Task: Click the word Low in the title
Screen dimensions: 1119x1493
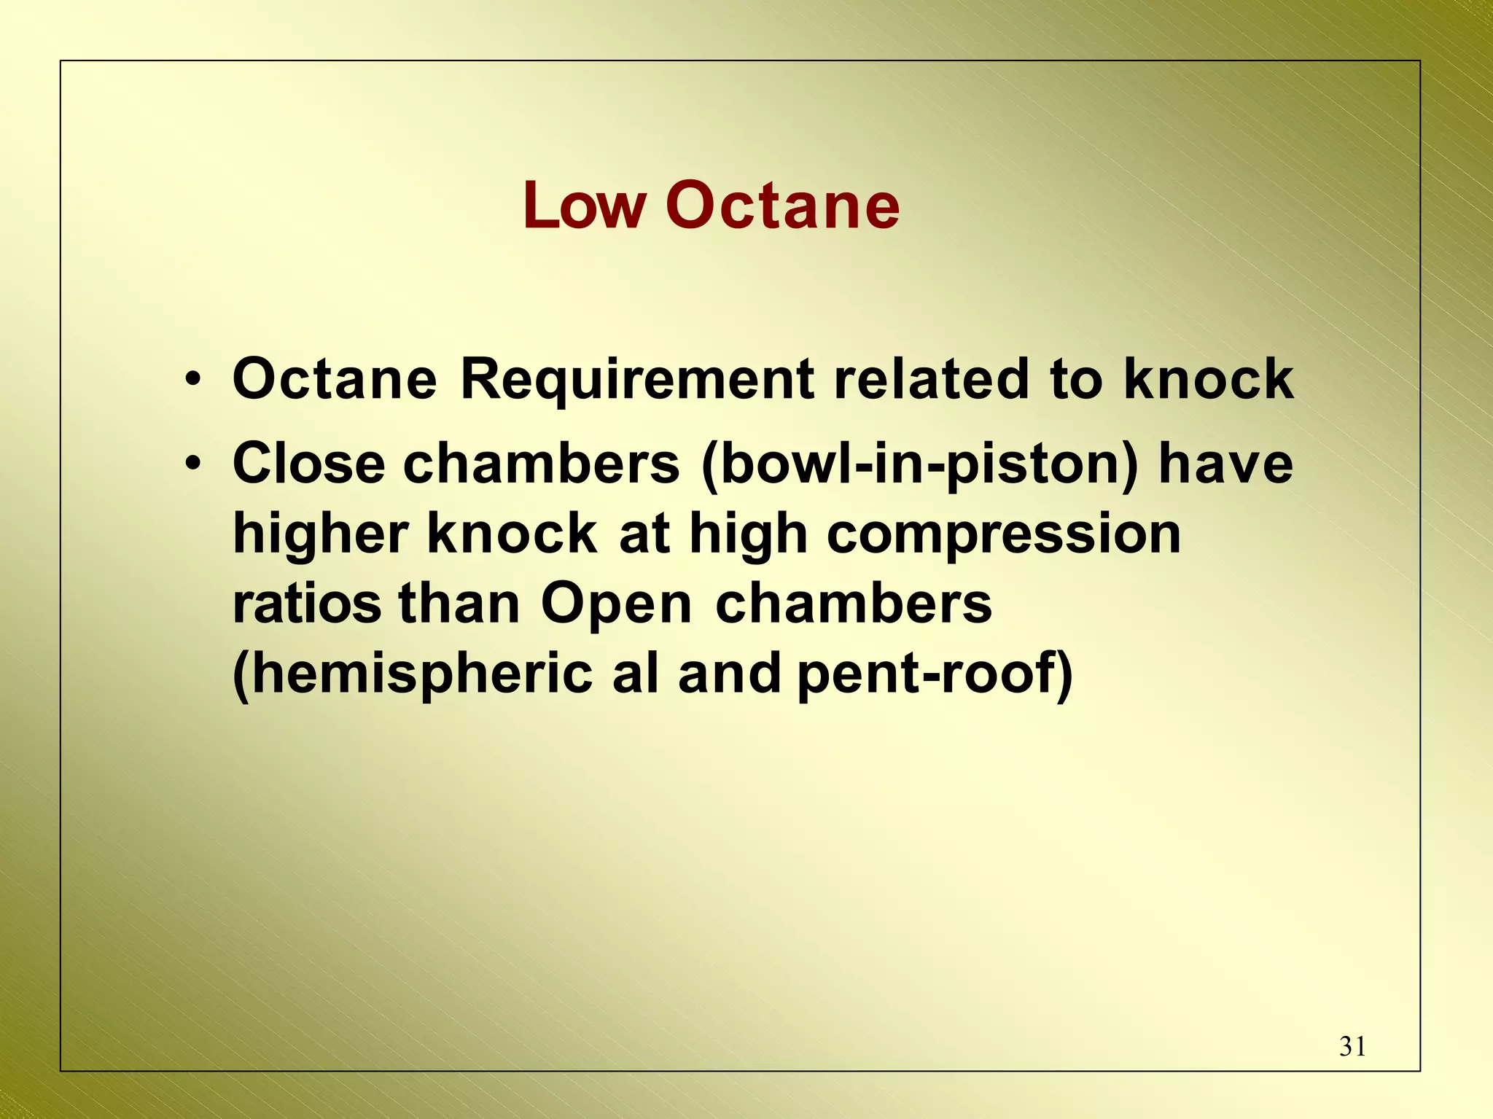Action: point(584,206)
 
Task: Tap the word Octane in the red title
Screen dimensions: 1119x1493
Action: point(782,206)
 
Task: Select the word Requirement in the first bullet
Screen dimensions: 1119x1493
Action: point(637,380)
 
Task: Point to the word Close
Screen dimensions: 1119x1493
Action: point(308,464)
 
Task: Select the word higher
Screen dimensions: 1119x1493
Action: point(320,534)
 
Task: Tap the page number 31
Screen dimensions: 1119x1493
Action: point(1352,1047)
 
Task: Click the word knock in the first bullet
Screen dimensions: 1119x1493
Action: point(1209,380)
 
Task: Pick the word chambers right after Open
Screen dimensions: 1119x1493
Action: point(854,604)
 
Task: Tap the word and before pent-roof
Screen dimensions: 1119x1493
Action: point(730,674)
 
